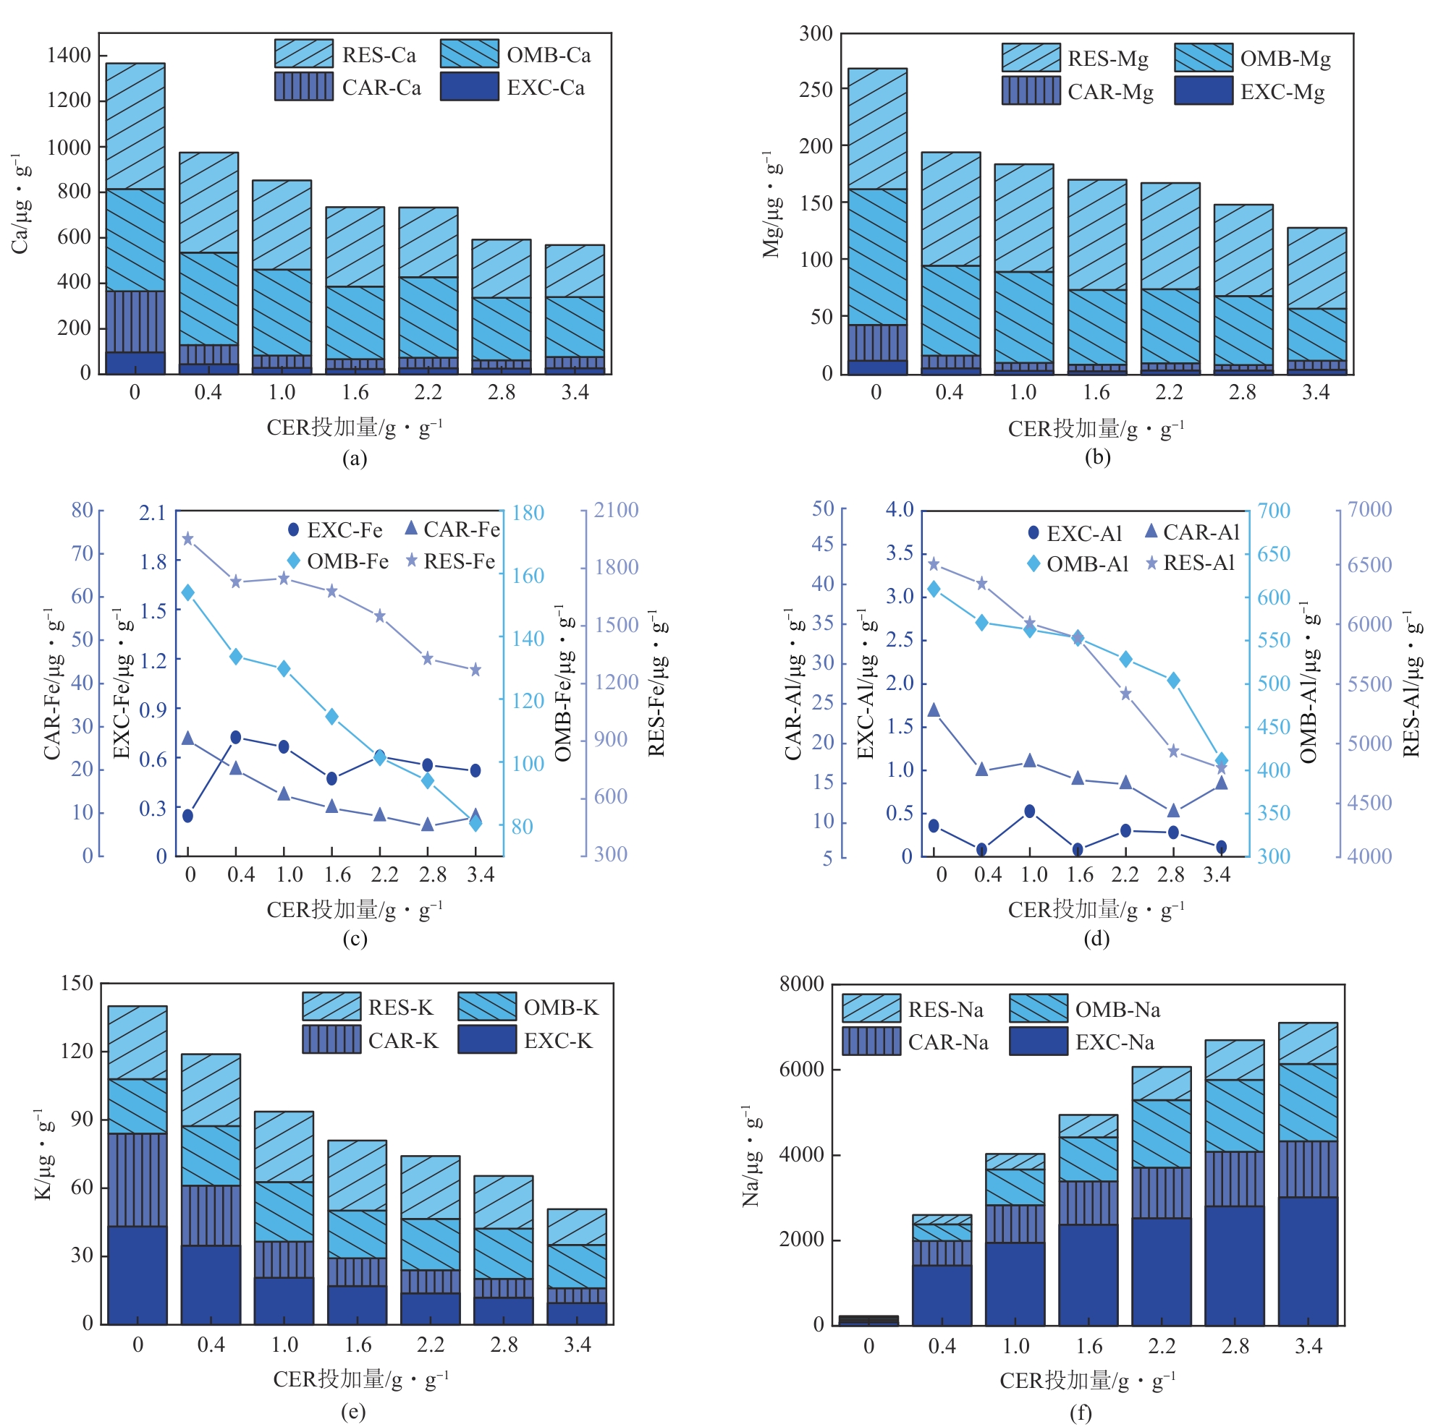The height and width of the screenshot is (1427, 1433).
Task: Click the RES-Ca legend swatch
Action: point(303,54)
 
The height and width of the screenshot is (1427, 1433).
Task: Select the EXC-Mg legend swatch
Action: point(1203,90)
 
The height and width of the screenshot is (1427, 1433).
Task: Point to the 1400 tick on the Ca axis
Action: point(68,55)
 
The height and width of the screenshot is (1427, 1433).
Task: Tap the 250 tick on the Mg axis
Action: point(816,90)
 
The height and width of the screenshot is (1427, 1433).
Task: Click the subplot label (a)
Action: point(355,458)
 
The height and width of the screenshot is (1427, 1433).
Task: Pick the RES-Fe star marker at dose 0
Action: point(187,539)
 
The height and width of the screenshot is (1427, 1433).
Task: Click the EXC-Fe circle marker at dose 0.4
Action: point(236,737)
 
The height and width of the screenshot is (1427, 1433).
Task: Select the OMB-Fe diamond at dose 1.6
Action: point(332,716)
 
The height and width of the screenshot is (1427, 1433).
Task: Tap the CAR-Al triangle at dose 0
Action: point(934,710)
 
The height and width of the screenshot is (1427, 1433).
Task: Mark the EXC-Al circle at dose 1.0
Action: point(1029,811)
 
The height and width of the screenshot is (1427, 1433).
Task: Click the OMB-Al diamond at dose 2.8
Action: point(1173,681)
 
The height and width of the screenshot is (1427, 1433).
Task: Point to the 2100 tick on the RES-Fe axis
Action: point(616,510)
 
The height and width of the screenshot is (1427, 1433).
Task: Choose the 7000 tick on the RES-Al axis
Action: point(1369,509)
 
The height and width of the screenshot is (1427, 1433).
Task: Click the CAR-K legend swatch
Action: point(331,1039)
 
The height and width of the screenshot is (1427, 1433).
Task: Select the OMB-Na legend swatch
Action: point(1039,1008)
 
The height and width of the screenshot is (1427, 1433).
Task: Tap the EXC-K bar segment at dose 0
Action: point(138,1275)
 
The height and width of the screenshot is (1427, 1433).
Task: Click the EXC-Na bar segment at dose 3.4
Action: point(1308,1261)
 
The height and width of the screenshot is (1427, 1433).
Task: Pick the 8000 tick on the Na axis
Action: point(801,984)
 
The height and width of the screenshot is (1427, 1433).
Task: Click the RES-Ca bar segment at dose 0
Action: point(135,126)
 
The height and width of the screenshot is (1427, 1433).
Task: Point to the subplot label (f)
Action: point(1081,1413)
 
